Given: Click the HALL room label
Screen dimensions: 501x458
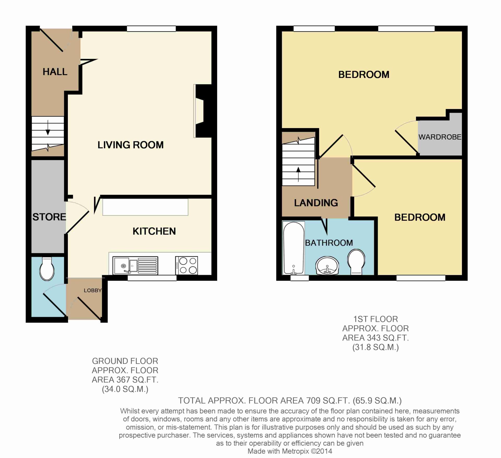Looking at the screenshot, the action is [x=55, y=72].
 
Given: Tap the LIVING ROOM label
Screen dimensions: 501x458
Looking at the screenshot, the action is [x=130, y=145].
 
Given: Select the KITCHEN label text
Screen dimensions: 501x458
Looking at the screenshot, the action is [x=154, y=231].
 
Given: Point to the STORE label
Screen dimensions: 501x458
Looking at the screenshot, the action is [x=49, y=217].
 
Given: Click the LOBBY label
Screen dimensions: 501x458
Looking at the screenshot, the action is [x=93, y=290].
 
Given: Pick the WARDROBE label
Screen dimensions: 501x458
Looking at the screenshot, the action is [x=440, y=137].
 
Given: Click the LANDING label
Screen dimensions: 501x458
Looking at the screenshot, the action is [x=316, y=203].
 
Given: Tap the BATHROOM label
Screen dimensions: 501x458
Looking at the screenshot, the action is [x=329, y=243].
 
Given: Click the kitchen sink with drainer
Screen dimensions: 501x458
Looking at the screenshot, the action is [x=135, y=266].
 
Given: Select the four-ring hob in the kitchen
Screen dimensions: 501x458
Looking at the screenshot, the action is [x=187, y=266].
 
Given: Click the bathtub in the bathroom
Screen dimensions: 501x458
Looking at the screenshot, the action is [x=294, y=248].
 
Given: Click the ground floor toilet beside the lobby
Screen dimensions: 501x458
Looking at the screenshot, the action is [x=47, y=269].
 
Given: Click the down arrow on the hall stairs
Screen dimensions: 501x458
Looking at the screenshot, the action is [x=48, y=128].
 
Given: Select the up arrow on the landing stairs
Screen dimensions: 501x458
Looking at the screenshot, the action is [x=299, y=174].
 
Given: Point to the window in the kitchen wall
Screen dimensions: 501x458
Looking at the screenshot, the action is [x=152, y=278].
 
